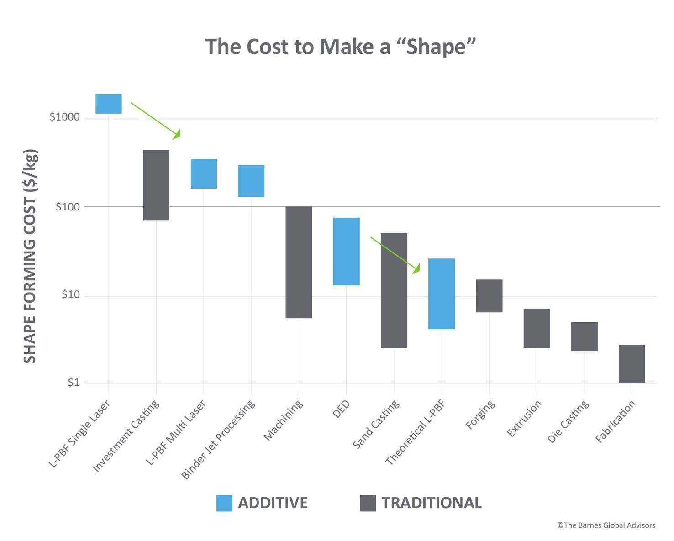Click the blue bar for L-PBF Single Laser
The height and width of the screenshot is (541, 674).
click(109, 104)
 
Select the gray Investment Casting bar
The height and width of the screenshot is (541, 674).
click(156, 185)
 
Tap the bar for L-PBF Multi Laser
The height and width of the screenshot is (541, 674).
click(204, 173)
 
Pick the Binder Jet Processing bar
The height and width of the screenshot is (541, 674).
click(251, 181)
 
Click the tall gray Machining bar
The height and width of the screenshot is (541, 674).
click(299, 262)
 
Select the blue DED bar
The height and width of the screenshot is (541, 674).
click(346, 251)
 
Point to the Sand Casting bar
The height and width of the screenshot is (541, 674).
click(394, 290)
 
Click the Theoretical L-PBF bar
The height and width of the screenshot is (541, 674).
click(442, 294)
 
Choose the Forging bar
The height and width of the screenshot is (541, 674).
click(489, 296)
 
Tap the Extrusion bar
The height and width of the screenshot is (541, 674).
click(537, 328)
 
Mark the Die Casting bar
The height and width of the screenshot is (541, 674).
click(584, 336)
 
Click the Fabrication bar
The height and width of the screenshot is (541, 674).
click(632, 364)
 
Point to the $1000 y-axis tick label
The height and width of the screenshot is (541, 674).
click(64, 117)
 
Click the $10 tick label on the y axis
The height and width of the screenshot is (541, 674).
click(70, 295)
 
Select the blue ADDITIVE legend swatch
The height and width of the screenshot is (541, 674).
click(224, 503)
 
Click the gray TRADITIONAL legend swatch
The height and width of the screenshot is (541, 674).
click(368, 503)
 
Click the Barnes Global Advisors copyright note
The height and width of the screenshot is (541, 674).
click(606, 525)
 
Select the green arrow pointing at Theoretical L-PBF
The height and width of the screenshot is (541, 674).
click(395, 255)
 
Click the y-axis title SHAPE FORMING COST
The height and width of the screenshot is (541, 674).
click(30, 256)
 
